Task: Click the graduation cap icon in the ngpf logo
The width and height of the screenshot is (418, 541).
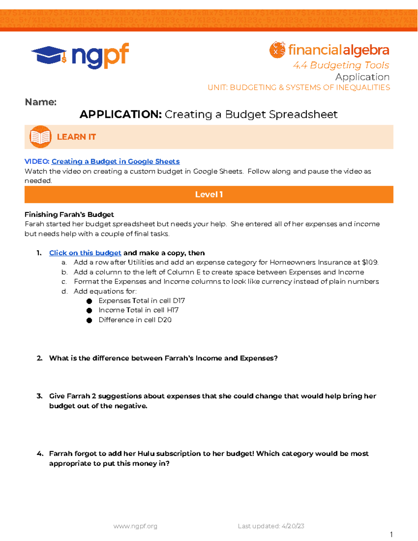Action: tap(49, 55)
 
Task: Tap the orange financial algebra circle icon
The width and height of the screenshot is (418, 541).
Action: tap(277, 50)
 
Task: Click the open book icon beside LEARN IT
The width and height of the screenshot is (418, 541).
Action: tap(40, 137)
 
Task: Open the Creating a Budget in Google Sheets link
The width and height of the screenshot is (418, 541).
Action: tap(115, 161)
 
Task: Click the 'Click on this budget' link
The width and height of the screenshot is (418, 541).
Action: tap(85, 253)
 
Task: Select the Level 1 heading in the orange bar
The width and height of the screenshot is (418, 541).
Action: tap(209, 194)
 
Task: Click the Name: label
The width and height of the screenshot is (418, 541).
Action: tap(40, 102)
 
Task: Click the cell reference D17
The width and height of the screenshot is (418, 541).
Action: tap(179, 301)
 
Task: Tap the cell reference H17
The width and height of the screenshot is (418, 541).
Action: tap(172, 310)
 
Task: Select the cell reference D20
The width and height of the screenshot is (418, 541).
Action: tap(164, 320)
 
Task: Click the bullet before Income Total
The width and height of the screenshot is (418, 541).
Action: tap(89, 310)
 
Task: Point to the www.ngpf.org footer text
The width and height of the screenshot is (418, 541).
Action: tap(135, 526)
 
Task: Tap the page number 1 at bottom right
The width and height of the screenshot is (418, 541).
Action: tap(391, 534)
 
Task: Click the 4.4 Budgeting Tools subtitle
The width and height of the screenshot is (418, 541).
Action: tap(341, 65)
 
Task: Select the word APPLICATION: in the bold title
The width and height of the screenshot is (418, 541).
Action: tap(121, 114)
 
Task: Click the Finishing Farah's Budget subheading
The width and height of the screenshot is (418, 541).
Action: tap(69, 215)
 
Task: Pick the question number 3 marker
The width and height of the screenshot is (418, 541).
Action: tap(39, 396)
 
